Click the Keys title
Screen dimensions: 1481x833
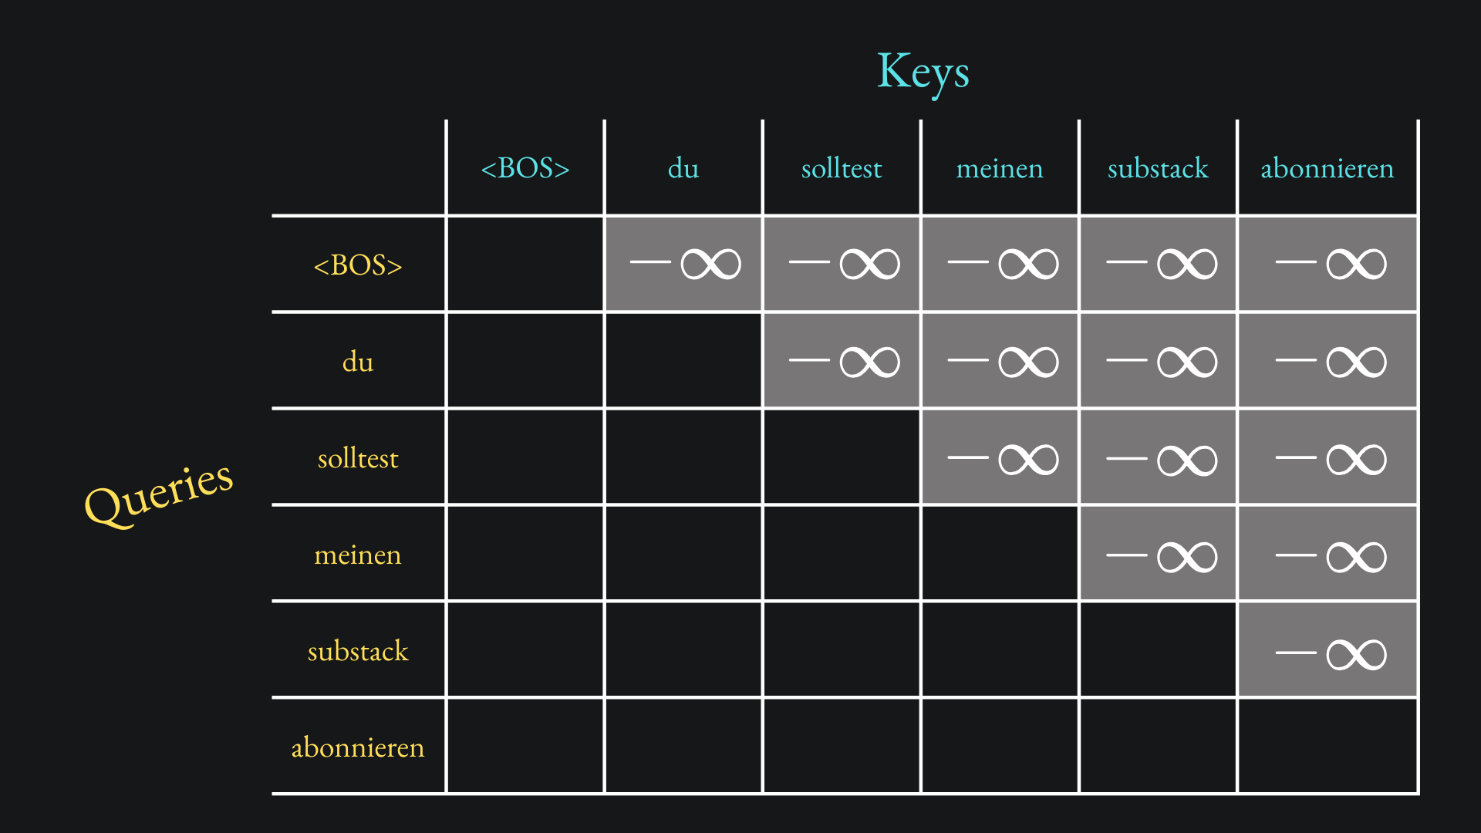point(923,72)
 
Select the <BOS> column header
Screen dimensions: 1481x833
point(525,168)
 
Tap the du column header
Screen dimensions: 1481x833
point(683,168)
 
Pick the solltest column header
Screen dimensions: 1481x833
point(841,168)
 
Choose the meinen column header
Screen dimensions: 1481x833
point(999,168)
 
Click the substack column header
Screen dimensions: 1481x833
point(1157,168)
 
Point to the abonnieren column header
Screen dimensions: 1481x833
point(1327,168)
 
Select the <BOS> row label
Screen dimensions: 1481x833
point(358,265)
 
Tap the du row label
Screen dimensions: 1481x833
point(358,362)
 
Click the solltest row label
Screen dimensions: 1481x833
point(358,459)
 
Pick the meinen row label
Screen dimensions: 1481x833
point(358,555)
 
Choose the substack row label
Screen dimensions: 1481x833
point(358,652)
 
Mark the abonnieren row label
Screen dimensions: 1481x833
point(358,747)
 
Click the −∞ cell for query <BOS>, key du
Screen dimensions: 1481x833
point(683,264)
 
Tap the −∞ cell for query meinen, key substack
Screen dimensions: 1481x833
point(1159,556)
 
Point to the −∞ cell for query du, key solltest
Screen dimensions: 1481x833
point(842,361)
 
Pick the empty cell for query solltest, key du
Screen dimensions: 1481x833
point(683,457)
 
